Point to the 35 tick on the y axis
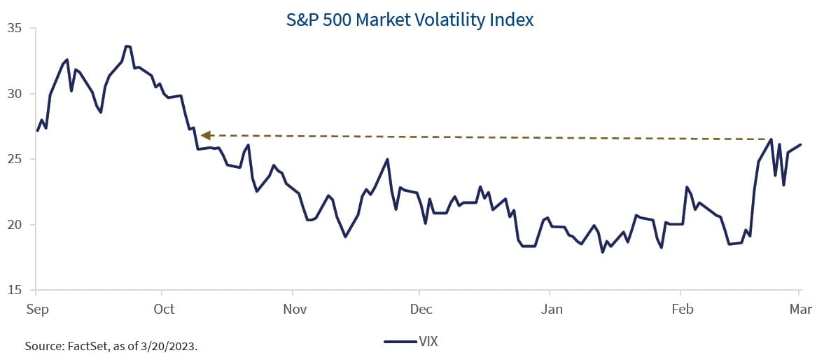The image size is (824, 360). click(14, 29)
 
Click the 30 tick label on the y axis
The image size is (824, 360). click(14, 94)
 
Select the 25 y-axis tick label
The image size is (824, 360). click(14, 160)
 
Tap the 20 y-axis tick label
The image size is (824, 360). click(14, 225)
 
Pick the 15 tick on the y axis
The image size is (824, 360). click(14, 290)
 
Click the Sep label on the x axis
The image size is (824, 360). click(36, 310)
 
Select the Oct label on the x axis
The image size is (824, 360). click(162, 310)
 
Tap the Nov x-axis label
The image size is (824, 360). click(294, 310)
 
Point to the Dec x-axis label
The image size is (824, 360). click(421, 310)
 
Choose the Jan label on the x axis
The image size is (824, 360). click(551, 310)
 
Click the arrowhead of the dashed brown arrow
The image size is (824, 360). click(205, 135)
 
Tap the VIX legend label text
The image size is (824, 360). click(428, 342)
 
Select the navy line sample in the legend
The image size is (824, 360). click(400, 342)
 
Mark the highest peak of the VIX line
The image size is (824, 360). click(126, 46)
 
